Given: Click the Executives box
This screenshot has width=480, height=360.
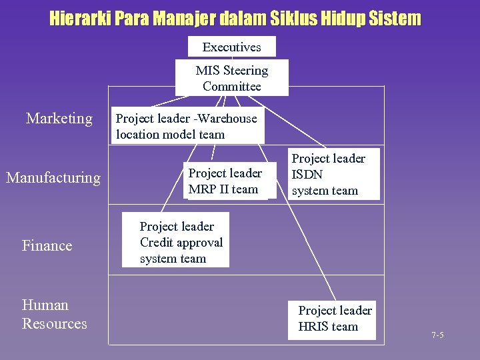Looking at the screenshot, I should [231, 47].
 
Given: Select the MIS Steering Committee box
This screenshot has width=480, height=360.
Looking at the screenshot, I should [231, 78].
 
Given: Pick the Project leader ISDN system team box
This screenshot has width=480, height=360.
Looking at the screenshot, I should [333, 174].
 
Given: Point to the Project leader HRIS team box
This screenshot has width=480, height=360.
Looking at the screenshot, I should [332, 319].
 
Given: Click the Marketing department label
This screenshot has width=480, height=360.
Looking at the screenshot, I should [59, 119].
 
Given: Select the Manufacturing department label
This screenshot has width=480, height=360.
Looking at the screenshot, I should [53, 177].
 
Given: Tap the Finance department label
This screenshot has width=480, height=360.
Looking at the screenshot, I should [47, 245].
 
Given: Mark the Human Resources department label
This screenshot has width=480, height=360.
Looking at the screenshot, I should [54, 315].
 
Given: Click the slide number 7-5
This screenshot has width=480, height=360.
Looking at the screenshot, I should [437, 335].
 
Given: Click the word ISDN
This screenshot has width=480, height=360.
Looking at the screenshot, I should [307, 175].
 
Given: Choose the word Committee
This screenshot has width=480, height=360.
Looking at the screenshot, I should [231, 87].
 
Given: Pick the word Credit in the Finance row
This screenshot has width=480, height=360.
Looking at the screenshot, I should [155, 243].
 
